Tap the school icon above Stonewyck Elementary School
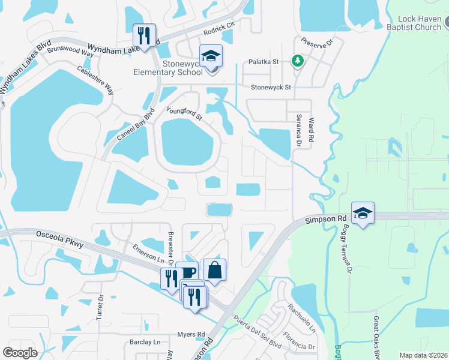pos(211,56)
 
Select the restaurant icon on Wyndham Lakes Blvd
pos(144,35)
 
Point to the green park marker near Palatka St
pos(297,61)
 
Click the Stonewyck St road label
pos(271,87)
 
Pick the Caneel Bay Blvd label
pos(136,124)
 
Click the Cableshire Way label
pos(95,80)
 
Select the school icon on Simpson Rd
pos(363,213)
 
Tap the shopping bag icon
pos(215,269)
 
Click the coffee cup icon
pos(187,272)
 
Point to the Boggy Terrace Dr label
pos(346,244)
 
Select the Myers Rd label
pos(191,334)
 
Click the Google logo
pos(20,353)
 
